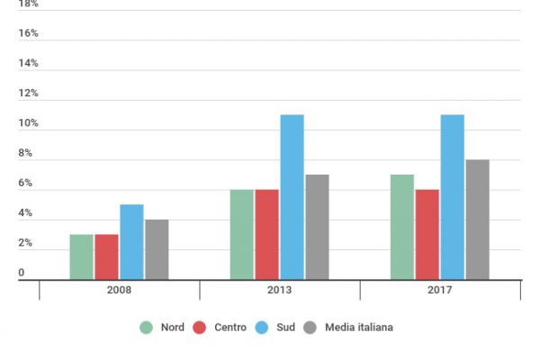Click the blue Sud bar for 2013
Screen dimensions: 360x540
coord(292,197)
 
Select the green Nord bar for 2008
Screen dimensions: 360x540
coord(81,257)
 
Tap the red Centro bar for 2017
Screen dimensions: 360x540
coord(427,235)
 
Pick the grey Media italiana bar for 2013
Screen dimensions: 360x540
coord(317,227)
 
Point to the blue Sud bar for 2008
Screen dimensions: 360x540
coord(131,242)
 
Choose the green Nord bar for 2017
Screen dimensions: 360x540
coord(401,227)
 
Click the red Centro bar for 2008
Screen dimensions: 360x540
coord(106,257)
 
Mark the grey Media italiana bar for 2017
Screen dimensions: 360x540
coord(477,220)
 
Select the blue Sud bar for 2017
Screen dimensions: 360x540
coord(452,197)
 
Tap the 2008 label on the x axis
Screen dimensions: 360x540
coord(119,292)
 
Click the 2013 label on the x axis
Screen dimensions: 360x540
coord(280,292)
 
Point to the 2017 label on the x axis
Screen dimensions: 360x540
coord(440,292)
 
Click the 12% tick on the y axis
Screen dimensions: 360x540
coord(28,94)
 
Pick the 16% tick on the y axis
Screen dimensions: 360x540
coord(28,33)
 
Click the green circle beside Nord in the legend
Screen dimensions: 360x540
coord(146,328)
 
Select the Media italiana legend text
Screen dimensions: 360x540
coord(359,328)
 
